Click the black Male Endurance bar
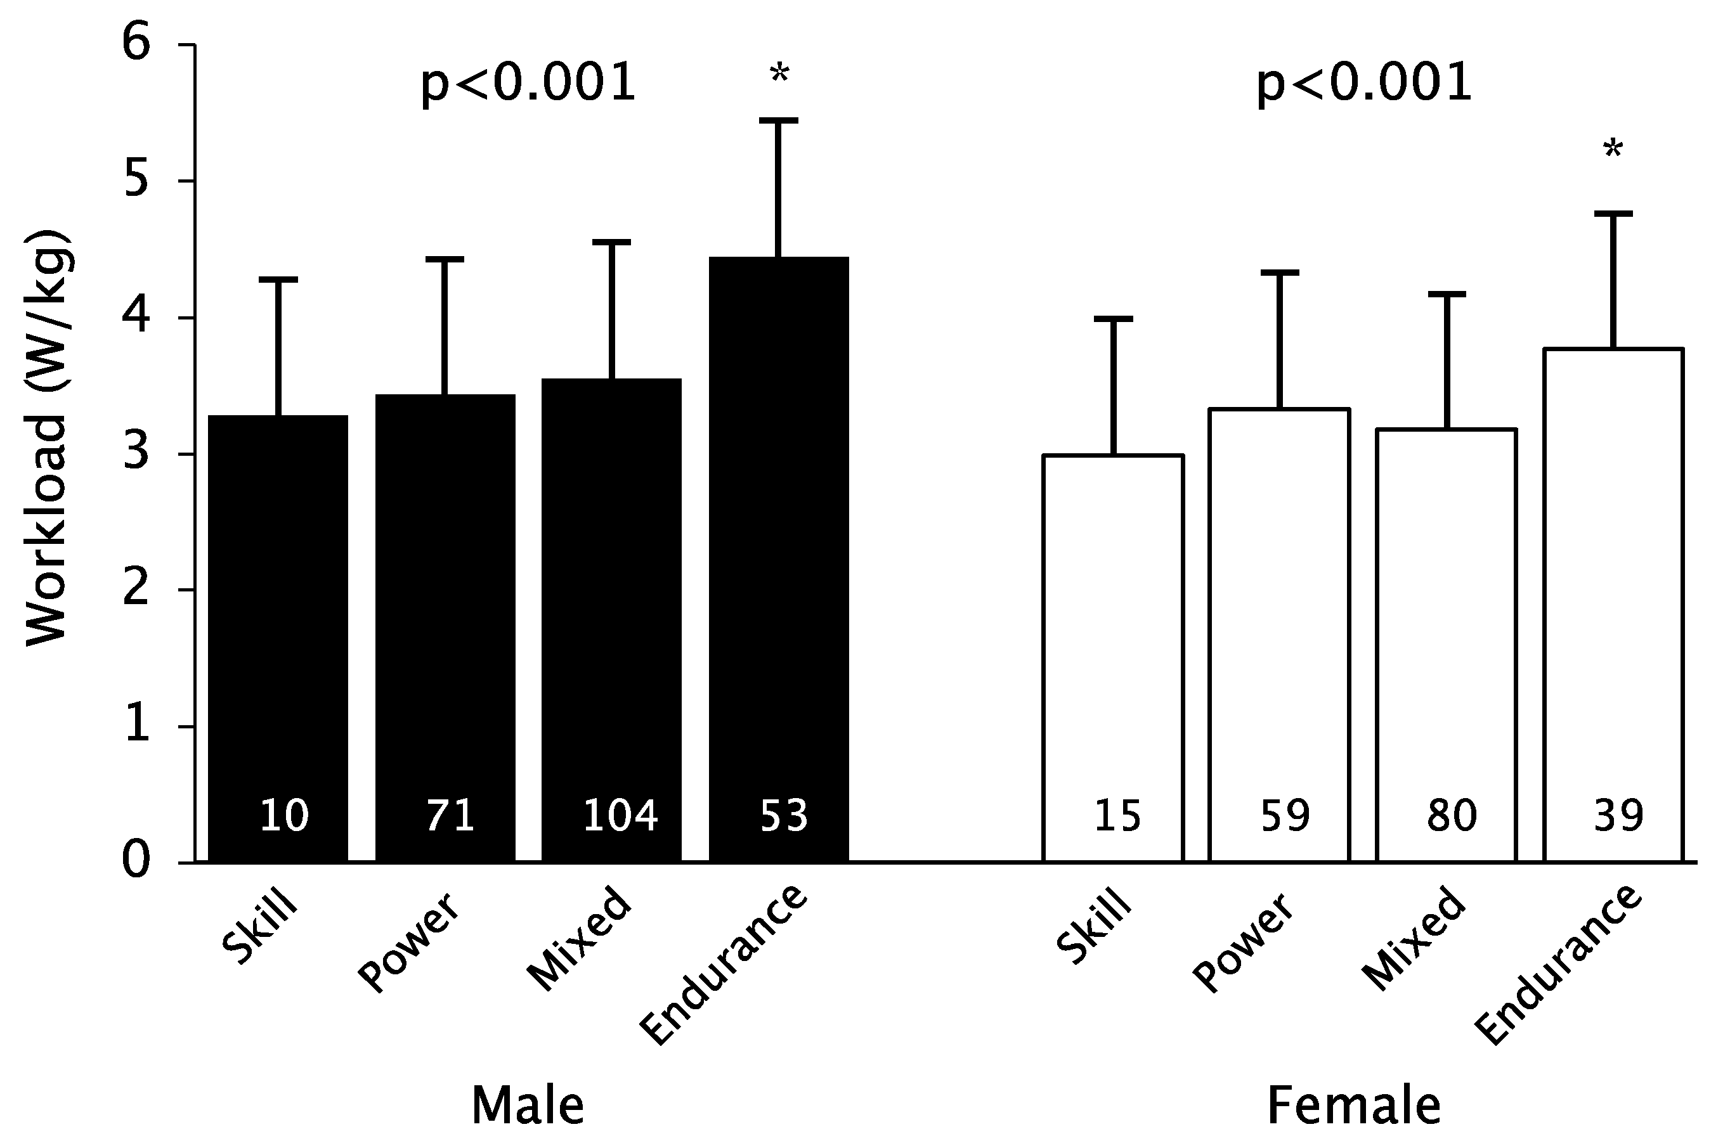click(x=779, y=557)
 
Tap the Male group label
click(x=528, y=1106)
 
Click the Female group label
click(x=1353, y=1106)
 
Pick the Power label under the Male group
click(x=408, y=945)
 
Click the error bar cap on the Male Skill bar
click(x=278, y=280)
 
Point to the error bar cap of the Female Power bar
click(x=1279, y=273)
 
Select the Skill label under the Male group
click(x=260, y=927)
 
